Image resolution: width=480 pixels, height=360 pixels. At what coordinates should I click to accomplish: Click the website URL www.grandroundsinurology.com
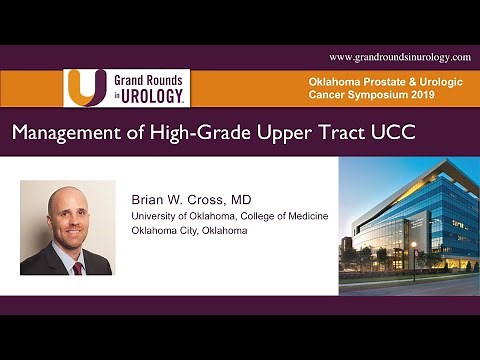point(399,57)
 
